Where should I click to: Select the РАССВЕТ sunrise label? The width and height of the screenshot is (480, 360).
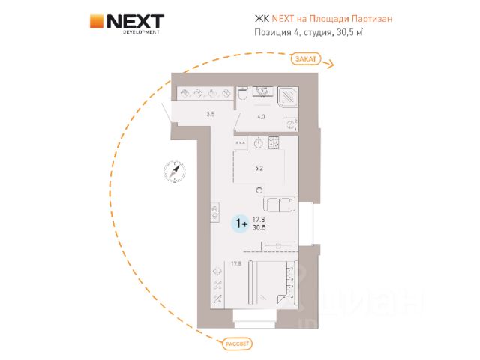tap(236, 343)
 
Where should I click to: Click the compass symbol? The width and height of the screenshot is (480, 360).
tap(174, 172)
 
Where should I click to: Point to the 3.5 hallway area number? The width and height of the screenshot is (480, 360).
tap(211, 114)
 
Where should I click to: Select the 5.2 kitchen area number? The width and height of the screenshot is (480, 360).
tap(257, 169)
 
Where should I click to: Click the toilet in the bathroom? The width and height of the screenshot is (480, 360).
tap(243, 94)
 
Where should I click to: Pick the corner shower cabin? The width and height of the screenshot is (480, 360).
tap(288, 97)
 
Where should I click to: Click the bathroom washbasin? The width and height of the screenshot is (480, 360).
tap(263, 92)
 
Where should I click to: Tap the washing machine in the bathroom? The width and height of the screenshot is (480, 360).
tap(290, 124)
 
